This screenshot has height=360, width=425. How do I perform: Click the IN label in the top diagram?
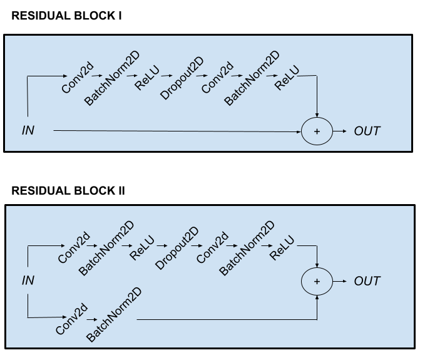[28, 131]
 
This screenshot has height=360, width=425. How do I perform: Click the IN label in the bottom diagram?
[28, 281]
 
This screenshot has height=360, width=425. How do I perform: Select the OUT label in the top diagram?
[367, 131]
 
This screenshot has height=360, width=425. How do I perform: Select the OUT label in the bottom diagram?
[367, 281]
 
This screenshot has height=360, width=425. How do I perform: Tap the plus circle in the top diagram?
[317, 131]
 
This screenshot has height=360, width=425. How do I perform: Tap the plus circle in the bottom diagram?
[317, 281]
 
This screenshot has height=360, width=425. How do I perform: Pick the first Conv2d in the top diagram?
[78, 79]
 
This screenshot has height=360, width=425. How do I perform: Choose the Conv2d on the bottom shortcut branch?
[71, 320]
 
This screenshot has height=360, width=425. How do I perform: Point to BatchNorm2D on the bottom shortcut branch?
[113, 316]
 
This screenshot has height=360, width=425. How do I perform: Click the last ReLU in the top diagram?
[287, 78]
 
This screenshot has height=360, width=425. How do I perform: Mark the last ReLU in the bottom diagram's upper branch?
[282, 247]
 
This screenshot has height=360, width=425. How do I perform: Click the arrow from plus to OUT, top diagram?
[340, 131]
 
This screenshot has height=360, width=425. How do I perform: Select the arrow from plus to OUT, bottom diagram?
[340, 281]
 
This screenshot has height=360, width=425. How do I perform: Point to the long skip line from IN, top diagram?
[175, 131]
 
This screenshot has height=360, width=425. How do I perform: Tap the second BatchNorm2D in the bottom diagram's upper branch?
[247, 249]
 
